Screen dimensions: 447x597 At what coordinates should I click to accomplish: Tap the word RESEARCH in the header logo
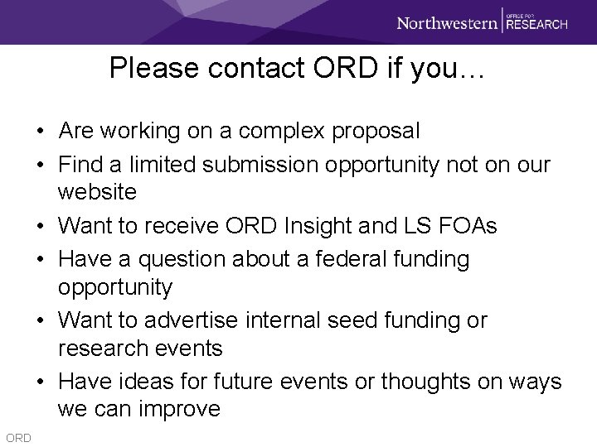pyautogui.click(x=536, y=25)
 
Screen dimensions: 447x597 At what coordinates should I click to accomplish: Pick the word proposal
pyautogui.click(x=377, y=131)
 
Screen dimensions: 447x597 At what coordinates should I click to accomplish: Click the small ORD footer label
pyautogui.click(x=17, y=437)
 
